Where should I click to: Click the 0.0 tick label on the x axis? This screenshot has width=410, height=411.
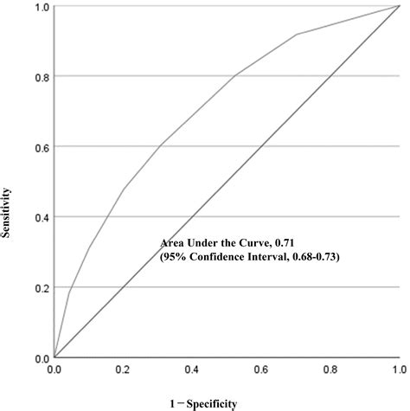[x=54, y=369]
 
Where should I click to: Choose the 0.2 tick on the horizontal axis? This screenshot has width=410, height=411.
[x=123, y=369]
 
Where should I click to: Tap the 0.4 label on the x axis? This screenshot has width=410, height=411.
[x=192, y=369]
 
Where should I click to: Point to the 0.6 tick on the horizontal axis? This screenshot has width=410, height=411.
[x=260, y=369]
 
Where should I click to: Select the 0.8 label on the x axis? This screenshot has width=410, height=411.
[x=330, y=369]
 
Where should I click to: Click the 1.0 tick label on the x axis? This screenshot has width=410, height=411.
[x=398, y=369]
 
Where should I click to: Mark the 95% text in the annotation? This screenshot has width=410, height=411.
[x=176, y=257]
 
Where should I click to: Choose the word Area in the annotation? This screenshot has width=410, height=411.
[x=175, y=243]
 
